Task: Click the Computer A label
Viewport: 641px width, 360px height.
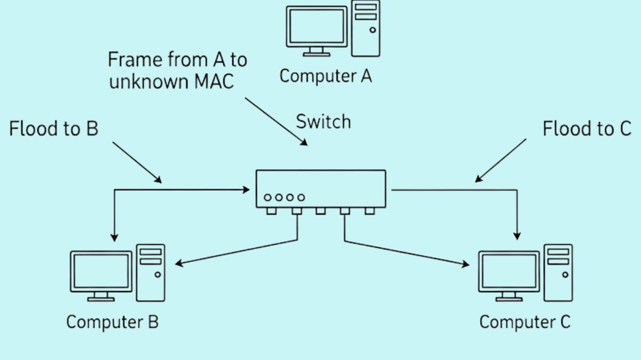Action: [325, 76]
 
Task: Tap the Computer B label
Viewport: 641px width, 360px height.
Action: [112, 322]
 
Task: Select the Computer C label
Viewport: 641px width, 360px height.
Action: [525, 322]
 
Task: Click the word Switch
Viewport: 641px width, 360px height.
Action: [324, 122]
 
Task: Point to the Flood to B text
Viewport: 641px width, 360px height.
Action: [54, 129]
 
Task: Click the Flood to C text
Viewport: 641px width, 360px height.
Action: [587, 129]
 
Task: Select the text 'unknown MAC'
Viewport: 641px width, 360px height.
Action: [171, 83]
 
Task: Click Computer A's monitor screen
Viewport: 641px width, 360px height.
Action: [316, 26]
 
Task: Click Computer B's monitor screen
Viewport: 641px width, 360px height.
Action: [101, 271]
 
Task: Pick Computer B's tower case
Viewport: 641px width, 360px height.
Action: [151, 272]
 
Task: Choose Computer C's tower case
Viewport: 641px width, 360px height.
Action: [558, 272]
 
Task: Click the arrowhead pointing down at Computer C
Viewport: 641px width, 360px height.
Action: [517, 235]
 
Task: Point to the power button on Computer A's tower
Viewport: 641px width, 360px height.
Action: [372, 30]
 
